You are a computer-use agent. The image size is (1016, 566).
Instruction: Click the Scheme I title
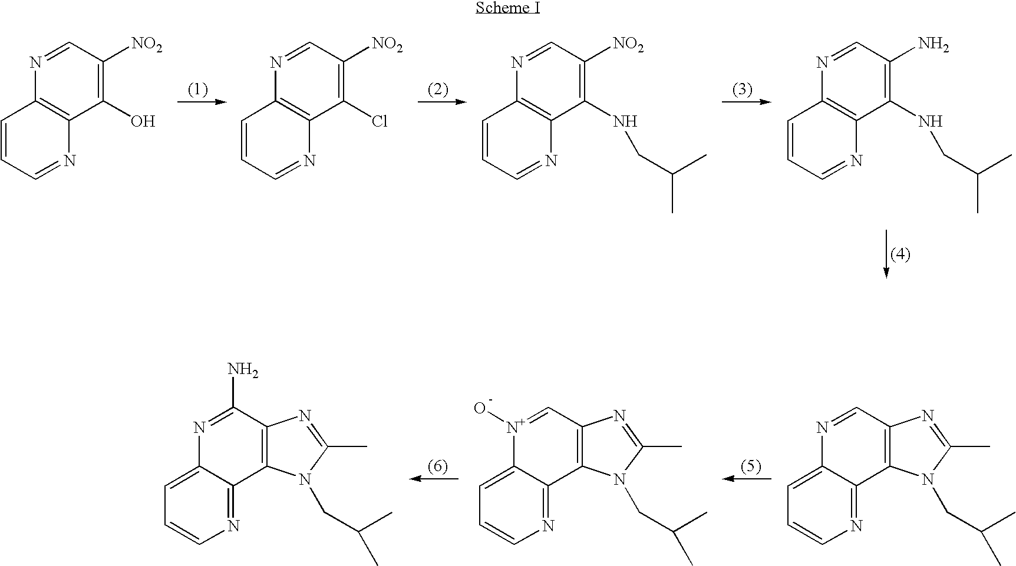click(x=507, y=8)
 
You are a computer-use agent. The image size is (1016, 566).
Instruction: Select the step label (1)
click(x=198, y=90)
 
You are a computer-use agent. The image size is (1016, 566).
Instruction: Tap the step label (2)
click(x=438, y=90)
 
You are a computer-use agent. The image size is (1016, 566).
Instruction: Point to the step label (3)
click(x=743, y=90)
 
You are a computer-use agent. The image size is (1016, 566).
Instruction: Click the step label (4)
click(x=900, y=254)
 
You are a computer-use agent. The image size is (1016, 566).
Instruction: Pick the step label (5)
click(x=750, y=466)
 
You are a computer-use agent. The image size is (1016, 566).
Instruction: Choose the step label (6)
click(x=437, y=466)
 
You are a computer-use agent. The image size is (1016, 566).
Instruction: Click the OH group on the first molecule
click(x=143, y=122)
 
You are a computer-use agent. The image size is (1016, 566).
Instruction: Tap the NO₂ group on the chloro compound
click(x=387, y=45)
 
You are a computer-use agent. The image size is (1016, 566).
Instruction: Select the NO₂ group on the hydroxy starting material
click(x=146, y=45)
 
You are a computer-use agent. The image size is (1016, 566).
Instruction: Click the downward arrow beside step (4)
click(x=886, y=254)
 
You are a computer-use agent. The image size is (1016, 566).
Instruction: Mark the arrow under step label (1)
click(x=202, y=102)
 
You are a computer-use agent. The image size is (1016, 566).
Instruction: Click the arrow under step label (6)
click(x=434, y=479)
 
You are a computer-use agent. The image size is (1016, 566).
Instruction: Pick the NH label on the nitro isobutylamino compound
click(x=625, y=122)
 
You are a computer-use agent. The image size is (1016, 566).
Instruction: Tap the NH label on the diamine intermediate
click(x=931, y=122)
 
